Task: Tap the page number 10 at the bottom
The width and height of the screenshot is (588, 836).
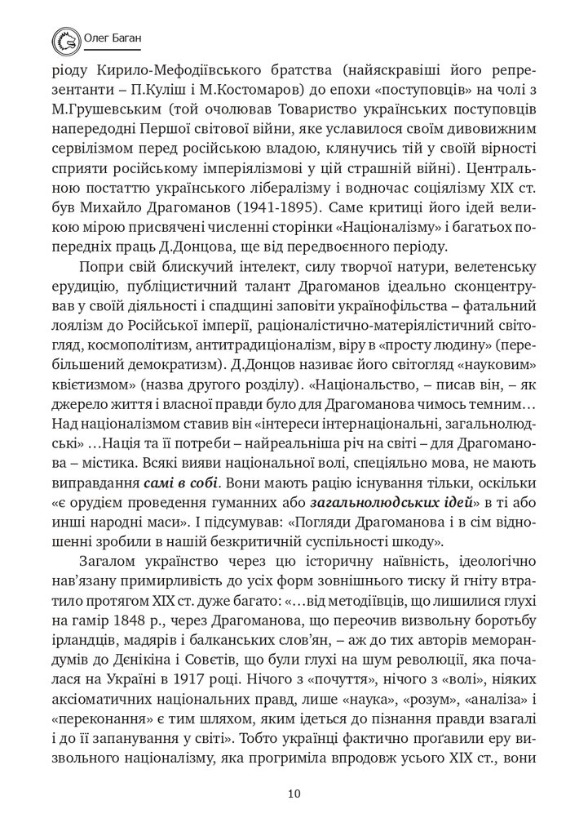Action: coord(294,793)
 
